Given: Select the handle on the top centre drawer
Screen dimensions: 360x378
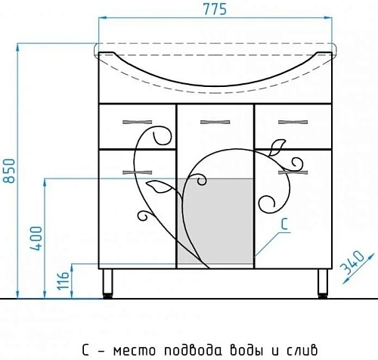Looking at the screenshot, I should pyautogui.click(x=213, y=121).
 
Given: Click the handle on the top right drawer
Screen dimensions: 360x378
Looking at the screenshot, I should pyautogui.click(x=290, y=121).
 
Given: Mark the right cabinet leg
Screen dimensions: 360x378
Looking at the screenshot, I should pyautogui.click(x=318, y=284).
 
